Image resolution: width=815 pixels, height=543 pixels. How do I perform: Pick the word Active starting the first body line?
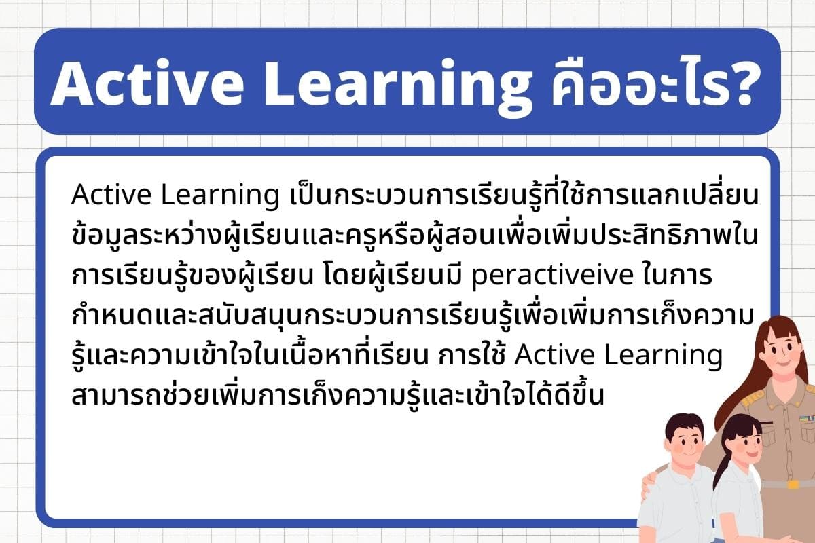[x=111, y=195]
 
